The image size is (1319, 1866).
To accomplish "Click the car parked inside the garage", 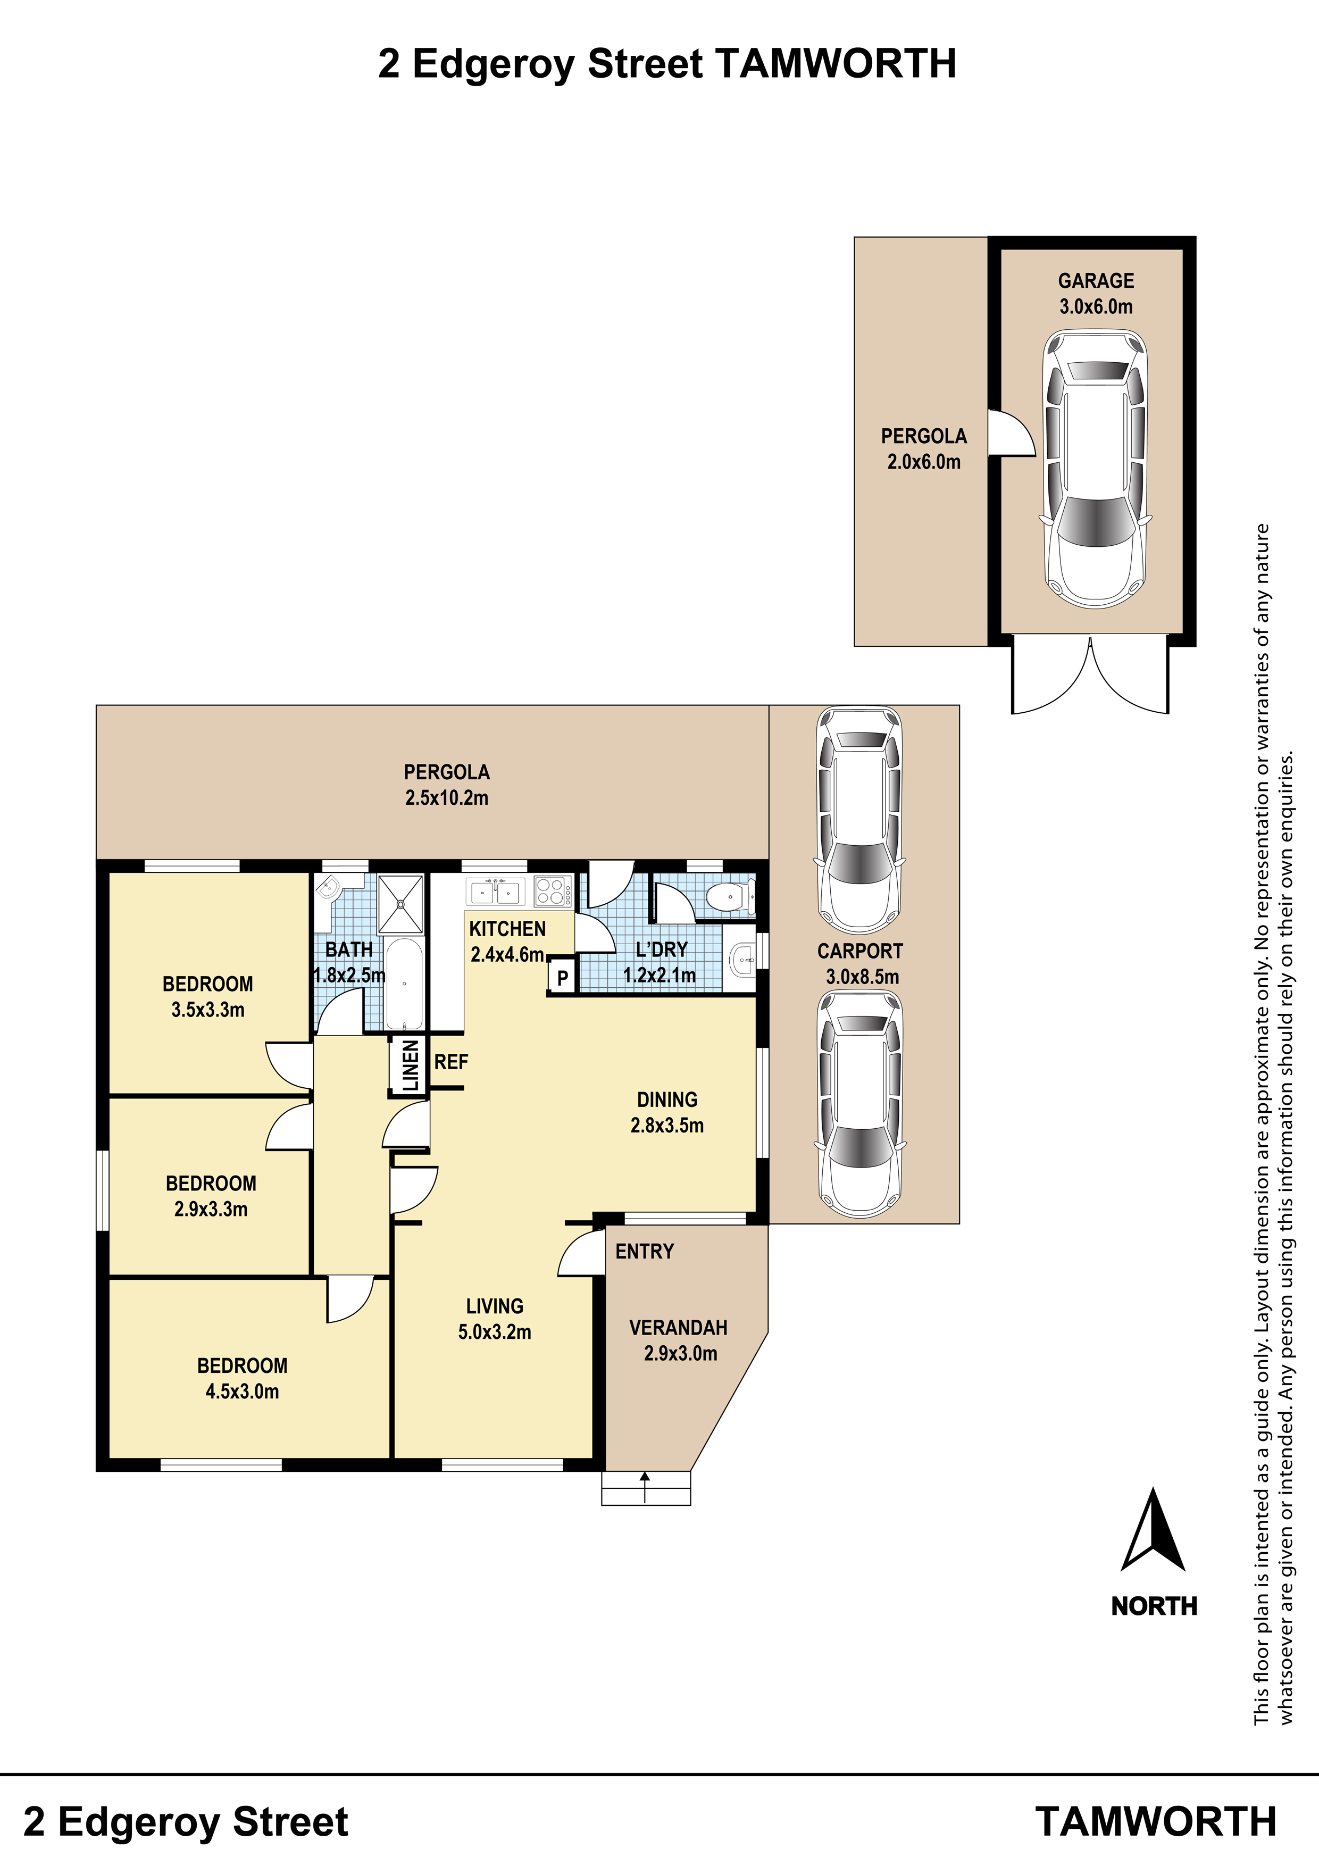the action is click(x=1096, y=469).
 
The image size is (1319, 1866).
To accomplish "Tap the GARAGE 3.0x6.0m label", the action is click(x=1096, y=294).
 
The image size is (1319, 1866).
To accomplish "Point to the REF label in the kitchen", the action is click(x=451, y=1062).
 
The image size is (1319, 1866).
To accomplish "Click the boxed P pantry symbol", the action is click(x=562, y=979).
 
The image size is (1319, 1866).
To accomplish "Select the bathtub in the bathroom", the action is click(x=403, y=984).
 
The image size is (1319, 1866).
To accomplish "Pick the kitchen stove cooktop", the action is click(x=553, y=892).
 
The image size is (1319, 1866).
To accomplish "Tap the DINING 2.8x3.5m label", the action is click(x=667, y=1113).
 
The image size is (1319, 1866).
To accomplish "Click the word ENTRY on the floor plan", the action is click(x=645, y=1252).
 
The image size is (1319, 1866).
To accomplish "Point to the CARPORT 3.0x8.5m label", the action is click(x=861, y=964).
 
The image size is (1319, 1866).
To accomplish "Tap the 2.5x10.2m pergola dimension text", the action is click(x=447, y=798).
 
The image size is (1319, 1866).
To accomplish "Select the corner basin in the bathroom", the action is click(x=328, y=888).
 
